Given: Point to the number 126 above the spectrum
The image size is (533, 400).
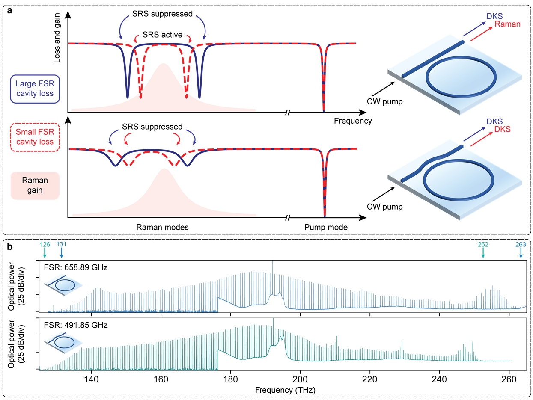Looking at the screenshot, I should click(45, 244).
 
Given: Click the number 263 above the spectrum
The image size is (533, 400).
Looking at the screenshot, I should click(521, 244).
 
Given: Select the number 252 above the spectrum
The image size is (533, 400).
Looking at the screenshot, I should click(482, 244).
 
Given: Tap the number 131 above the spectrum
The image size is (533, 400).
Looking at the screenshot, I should click(61, 244).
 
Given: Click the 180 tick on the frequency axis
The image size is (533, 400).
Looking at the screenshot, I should click(230, 378).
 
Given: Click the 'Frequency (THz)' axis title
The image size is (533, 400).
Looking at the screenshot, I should click(282, 390).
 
